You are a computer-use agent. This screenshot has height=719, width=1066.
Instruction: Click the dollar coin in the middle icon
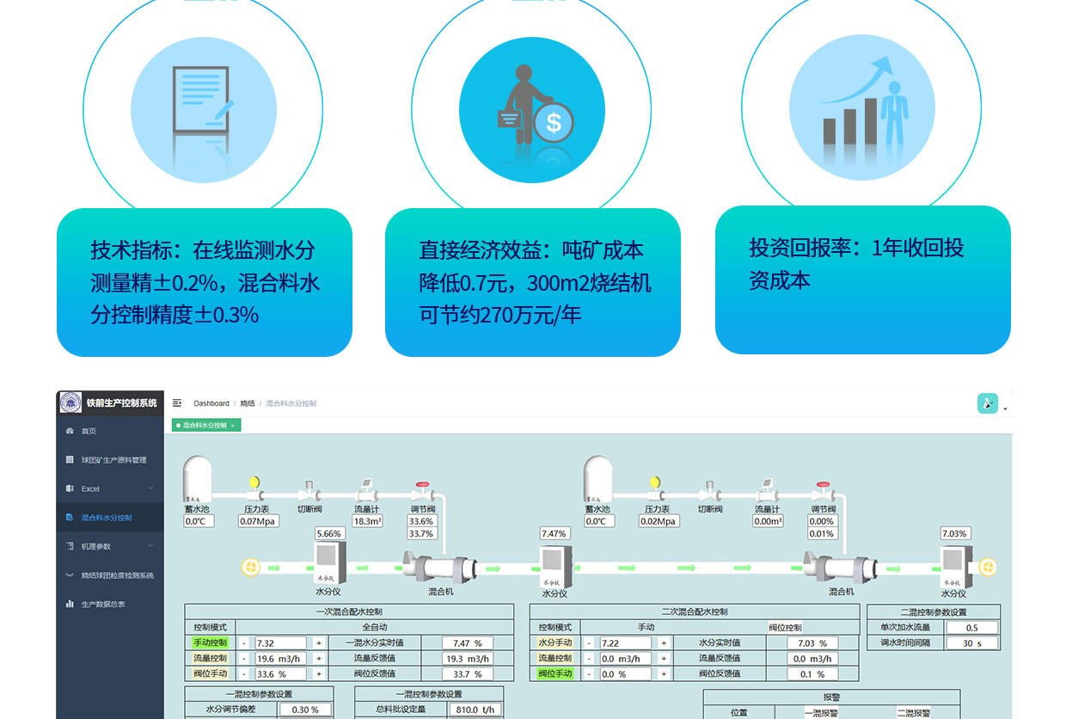click(x=553, y=122)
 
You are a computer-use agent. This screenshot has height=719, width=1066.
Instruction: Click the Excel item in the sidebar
click(x=91, y=489)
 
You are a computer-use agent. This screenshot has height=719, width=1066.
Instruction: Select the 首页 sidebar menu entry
click(x=89, y=431)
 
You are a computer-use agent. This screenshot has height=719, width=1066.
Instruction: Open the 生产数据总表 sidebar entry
click(x=103, y=604)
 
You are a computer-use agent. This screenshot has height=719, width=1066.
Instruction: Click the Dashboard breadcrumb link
click(x=211, y=403)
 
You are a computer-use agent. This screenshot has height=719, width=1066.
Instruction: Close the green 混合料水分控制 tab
click(x=232, y=426)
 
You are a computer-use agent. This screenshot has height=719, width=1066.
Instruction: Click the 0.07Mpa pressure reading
click(x=258, y=521)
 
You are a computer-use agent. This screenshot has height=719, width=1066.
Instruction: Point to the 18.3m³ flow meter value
click(x=367, y=521)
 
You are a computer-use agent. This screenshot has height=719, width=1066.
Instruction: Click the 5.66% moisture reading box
click(x=329, y=533)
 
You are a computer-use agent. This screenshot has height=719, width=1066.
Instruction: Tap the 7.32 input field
click(x=279, y=643)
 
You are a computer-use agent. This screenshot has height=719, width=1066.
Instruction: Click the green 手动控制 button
click(x=211, y=642)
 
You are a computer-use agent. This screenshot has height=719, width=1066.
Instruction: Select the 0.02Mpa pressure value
click(x=659, y=521)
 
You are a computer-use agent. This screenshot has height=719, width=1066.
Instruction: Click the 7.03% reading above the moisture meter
click(x=954, y=533)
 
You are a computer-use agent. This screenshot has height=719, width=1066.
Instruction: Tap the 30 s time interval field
click(x=971, y=643)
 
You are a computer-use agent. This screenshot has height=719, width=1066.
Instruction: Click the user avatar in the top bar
click(x=988, y=403)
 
